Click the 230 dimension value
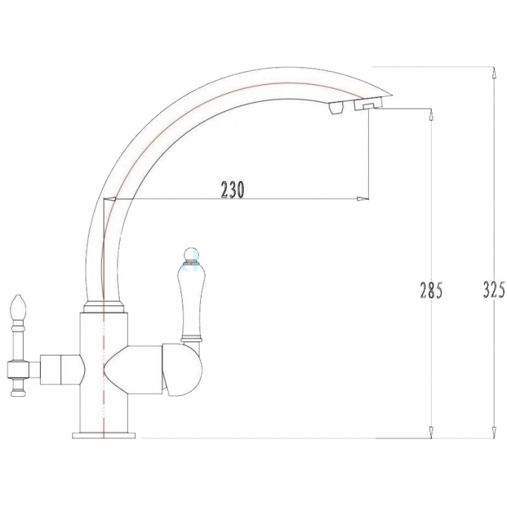point(233,189)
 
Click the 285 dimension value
point(431,290)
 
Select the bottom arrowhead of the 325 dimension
point(494,432)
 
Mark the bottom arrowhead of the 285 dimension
point(430,432)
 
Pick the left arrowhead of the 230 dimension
point(110,199)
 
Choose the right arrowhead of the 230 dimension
point(362,199)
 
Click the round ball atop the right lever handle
point(191,254)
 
